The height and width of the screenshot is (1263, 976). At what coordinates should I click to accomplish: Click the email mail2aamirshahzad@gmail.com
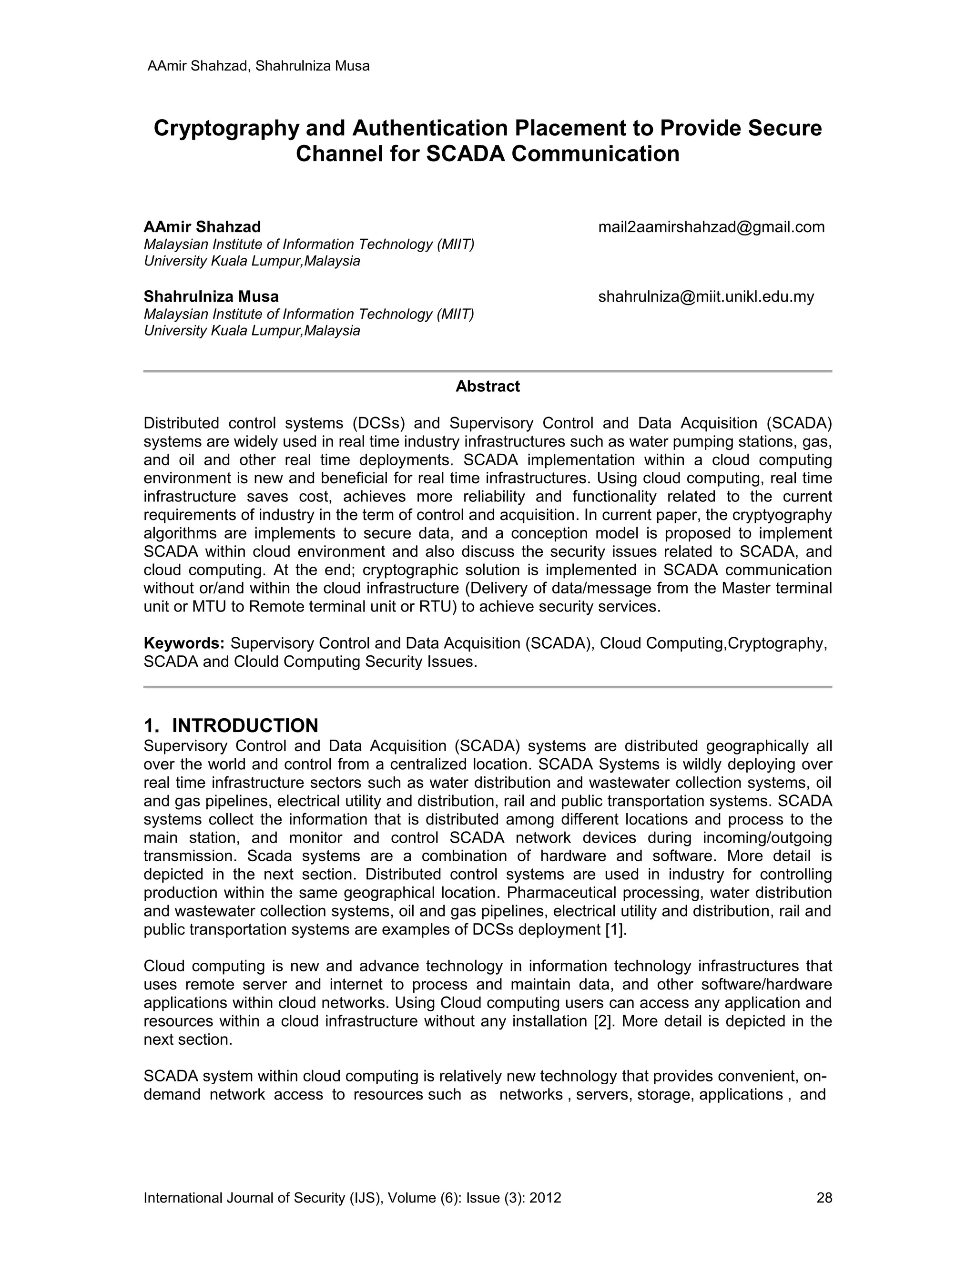[x=711, y=227]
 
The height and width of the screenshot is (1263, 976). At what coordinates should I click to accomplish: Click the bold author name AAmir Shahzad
[x=202, y=227]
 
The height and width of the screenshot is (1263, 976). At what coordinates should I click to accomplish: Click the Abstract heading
[x=488, y=387]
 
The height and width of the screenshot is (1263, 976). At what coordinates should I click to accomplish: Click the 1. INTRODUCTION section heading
[x=231, y=725]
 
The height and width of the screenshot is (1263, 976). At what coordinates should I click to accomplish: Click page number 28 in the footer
[x=824, y=1198]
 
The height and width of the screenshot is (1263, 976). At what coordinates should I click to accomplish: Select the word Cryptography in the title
[x=226, y=128]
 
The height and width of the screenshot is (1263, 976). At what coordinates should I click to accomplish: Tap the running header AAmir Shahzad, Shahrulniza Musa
[x=258, y=66]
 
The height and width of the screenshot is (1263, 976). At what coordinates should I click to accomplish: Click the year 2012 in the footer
[x=545, y=1198]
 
